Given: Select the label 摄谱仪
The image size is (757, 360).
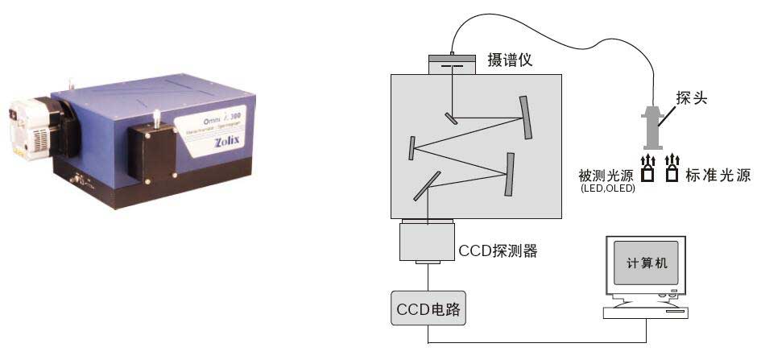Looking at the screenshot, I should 511,60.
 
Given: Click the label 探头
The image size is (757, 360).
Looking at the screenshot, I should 691,97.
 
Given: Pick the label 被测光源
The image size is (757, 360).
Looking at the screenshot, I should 606,175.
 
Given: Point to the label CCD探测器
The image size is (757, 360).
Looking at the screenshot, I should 497,250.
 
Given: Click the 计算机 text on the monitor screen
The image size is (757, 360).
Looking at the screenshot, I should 647,263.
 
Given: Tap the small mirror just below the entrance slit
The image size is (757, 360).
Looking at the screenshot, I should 451,118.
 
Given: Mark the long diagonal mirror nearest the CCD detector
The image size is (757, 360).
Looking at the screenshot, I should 428,184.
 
